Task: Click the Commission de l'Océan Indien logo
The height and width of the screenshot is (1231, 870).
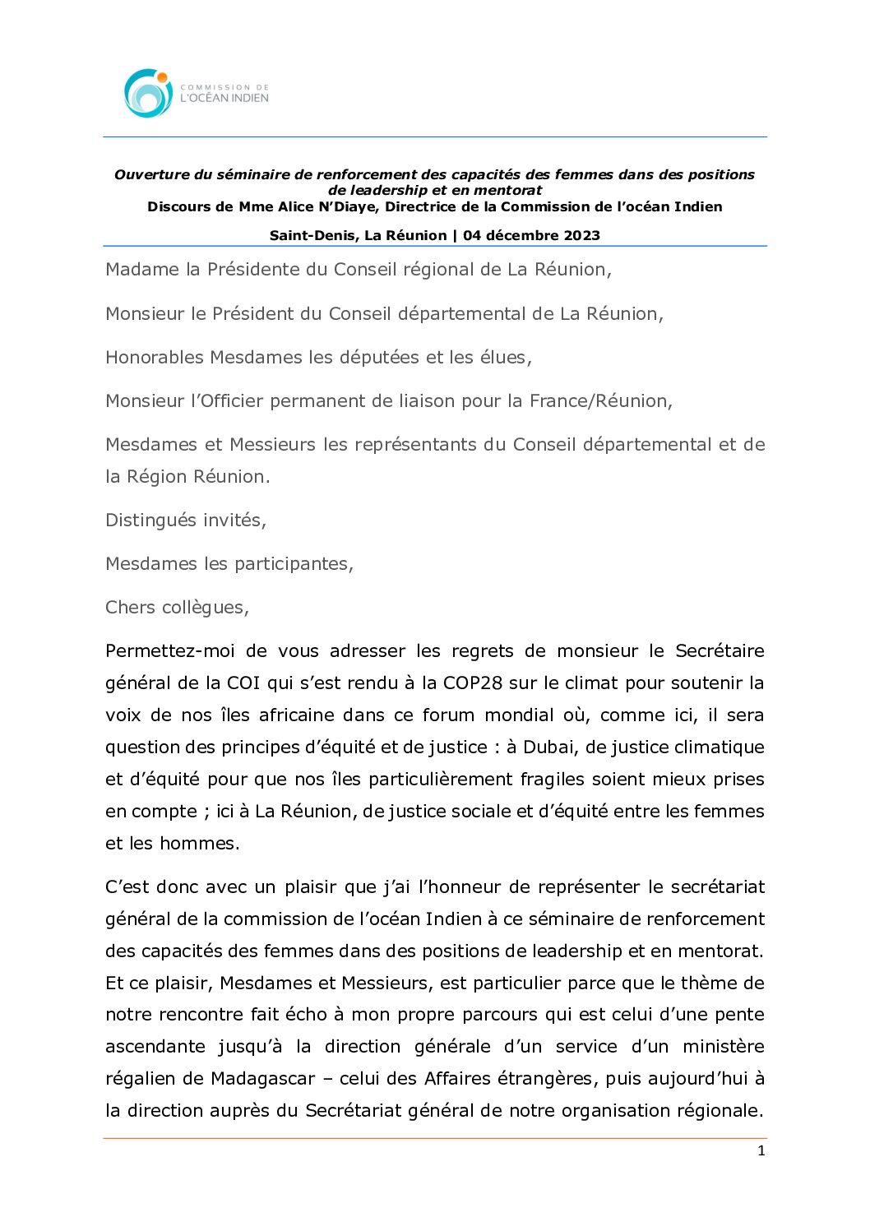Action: (x=196, y=93)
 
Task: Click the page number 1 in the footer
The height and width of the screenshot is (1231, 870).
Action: (x=761, y=1150)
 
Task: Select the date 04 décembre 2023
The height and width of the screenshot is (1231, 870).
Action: (x=531, y=235)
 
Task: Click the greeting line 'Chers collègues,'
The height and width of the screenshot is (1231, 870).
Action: (x=177, y=607)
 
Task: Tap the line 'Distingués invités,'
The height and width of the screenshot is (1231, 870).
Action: (x=186, y=520)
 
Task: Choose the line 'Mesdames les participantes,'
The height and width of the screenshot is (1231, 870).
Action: (x=229, y=563)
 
